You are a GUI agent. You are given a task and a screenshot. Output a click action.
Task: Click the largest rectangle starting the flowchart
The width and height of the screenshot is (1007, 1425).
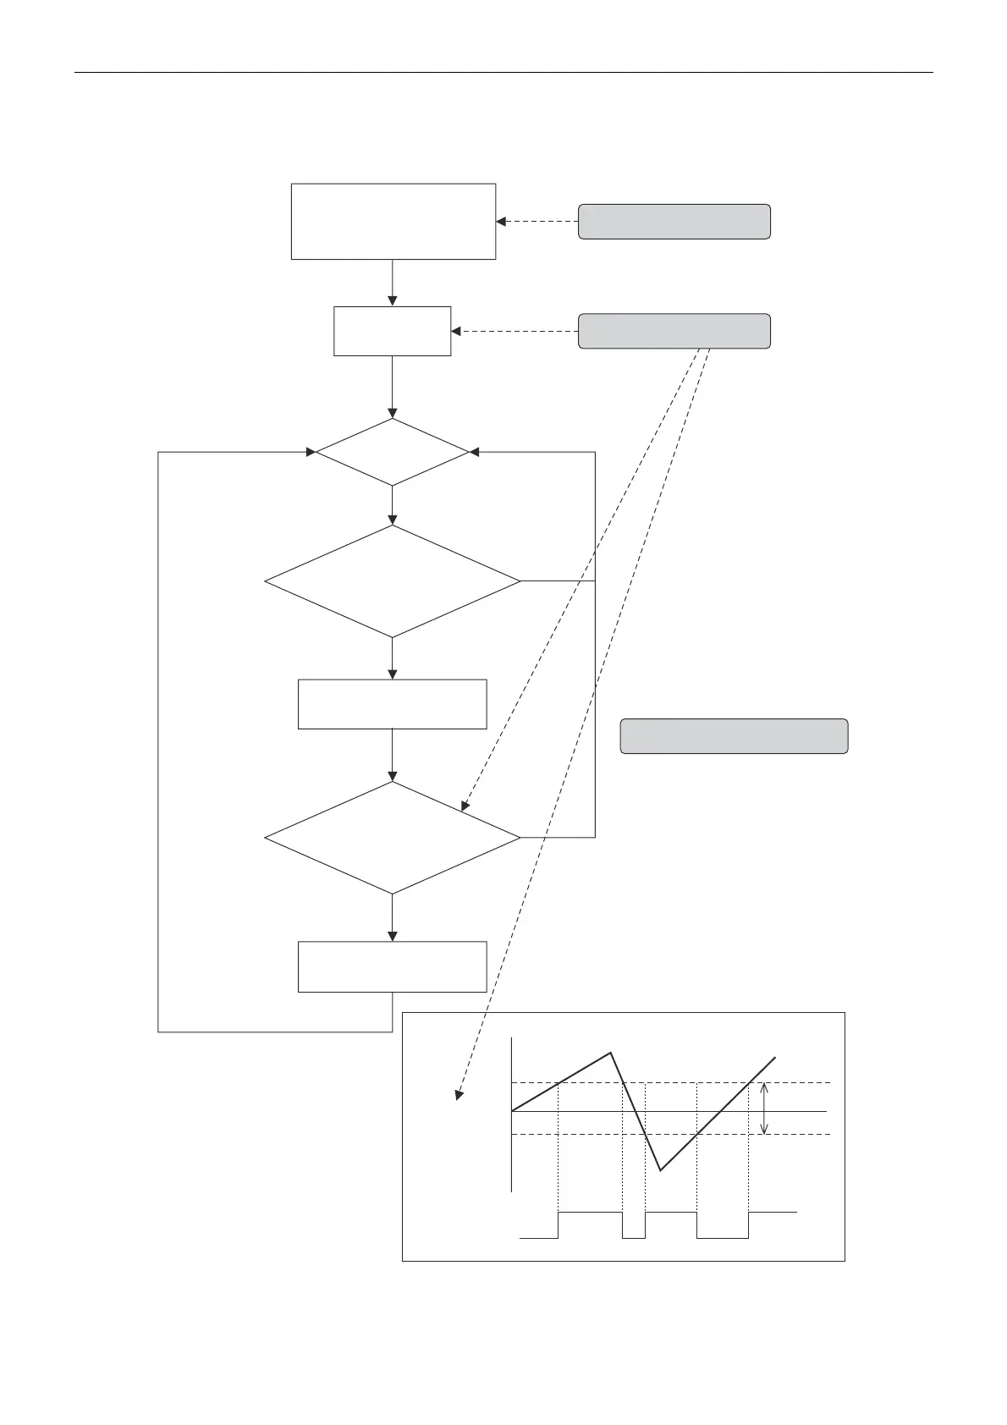[x=393, y=221]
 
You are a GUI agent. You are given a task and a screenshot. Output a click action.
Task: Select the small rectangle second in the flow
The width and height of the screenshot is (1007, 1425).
[x=392, y=331]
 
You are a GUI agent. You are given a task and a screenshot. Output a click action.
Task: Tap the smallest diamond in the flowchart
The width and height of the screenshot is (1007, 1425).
[x=392, y=452]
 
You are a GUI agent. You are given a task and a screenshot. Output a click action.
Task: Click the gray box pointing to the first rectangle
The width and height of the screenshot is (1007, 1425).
[x=674, y=222]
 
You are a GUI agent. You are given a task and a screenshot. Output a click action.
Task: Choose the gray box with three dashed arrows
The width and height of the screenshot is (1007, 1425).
[x=674, y=331]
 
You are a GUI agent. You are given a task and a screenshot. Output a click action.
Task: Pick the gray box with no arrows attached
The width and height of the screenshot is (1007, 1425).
[x=734, y=736]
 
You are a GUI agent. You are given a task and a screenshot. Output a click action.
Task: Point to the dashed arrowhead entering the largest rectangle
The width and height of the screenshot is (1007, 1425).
[x=501, y=222]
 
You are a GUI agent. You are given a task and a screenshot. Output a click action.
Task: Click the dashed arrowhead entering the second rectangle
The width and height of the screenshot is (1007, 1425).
[x=457, y=331]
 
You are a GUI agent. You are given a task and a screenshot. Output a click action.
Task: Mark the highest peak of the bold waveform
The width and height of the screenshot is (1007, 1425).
[x=610, y=1054]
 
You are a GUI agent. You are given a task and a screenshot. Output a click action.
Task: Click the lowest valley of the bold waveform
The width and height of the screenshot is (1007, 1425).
[x=660, y=1170]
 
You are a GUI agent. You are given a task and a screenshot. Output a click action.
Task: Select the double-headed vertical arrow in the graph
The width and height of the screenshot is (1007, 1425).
[x=765, y=1109]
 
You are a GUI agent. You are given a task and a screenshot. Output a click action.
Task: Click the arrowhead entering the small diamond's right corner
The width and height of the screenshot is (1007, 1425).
[x=474, y=452]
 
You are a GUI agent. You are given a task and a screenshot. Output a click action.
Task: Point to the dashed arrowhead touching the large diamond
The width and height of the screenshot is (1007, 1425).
[x=465, y=806]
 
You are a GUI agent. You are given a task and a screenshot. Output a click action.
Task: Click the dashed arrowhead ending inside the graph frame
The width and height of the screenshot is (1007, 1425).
[x=459, y=1095]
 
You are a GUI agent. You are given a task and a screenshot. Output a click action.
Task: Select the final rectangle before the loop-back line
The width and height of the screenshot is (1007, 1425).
[x=392, y=966]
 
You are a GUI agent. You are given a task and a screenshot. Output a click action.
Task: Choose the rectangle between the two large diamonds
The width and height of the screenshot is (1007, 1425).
[x=392, y=703]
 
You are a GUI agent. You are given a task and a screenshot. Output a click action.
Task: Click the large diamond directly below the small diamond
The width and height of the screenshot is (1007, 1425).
[x=392, y=581]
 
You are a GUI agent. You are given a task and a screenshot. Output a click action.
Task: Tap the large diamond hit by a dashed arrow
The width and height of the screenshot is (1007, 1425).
[x=392, y=837]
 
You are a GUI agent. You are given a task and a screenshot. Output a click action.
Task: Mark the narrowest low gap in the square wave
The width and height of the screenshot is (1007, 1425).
[x=633, y=1236]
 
